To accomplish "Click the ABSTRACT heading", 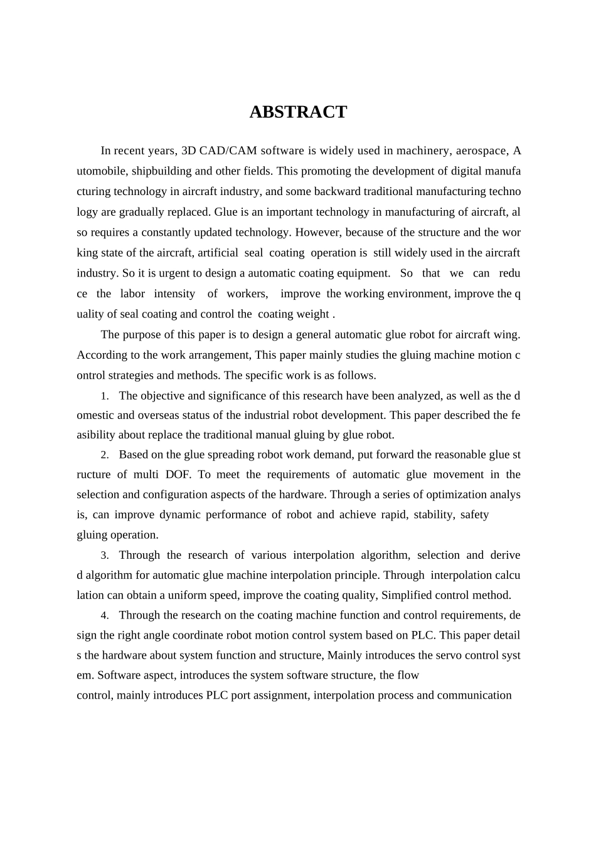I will point(298,112).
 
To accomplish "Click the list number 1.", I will point(105,396).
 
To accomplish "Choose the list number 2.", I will point(105,455).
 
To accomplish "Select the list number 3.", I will point(105,556).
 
